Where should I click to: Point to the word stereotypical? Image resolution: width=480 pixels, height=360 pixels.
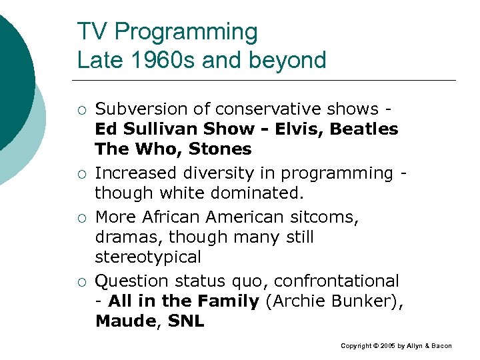tap(147, 257)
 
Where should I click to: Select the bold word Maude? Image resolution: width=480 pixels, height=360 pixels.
tap(126, 321)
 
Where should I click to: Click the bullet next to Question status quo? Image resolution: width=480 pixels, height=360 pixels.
tap(81, 281)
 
